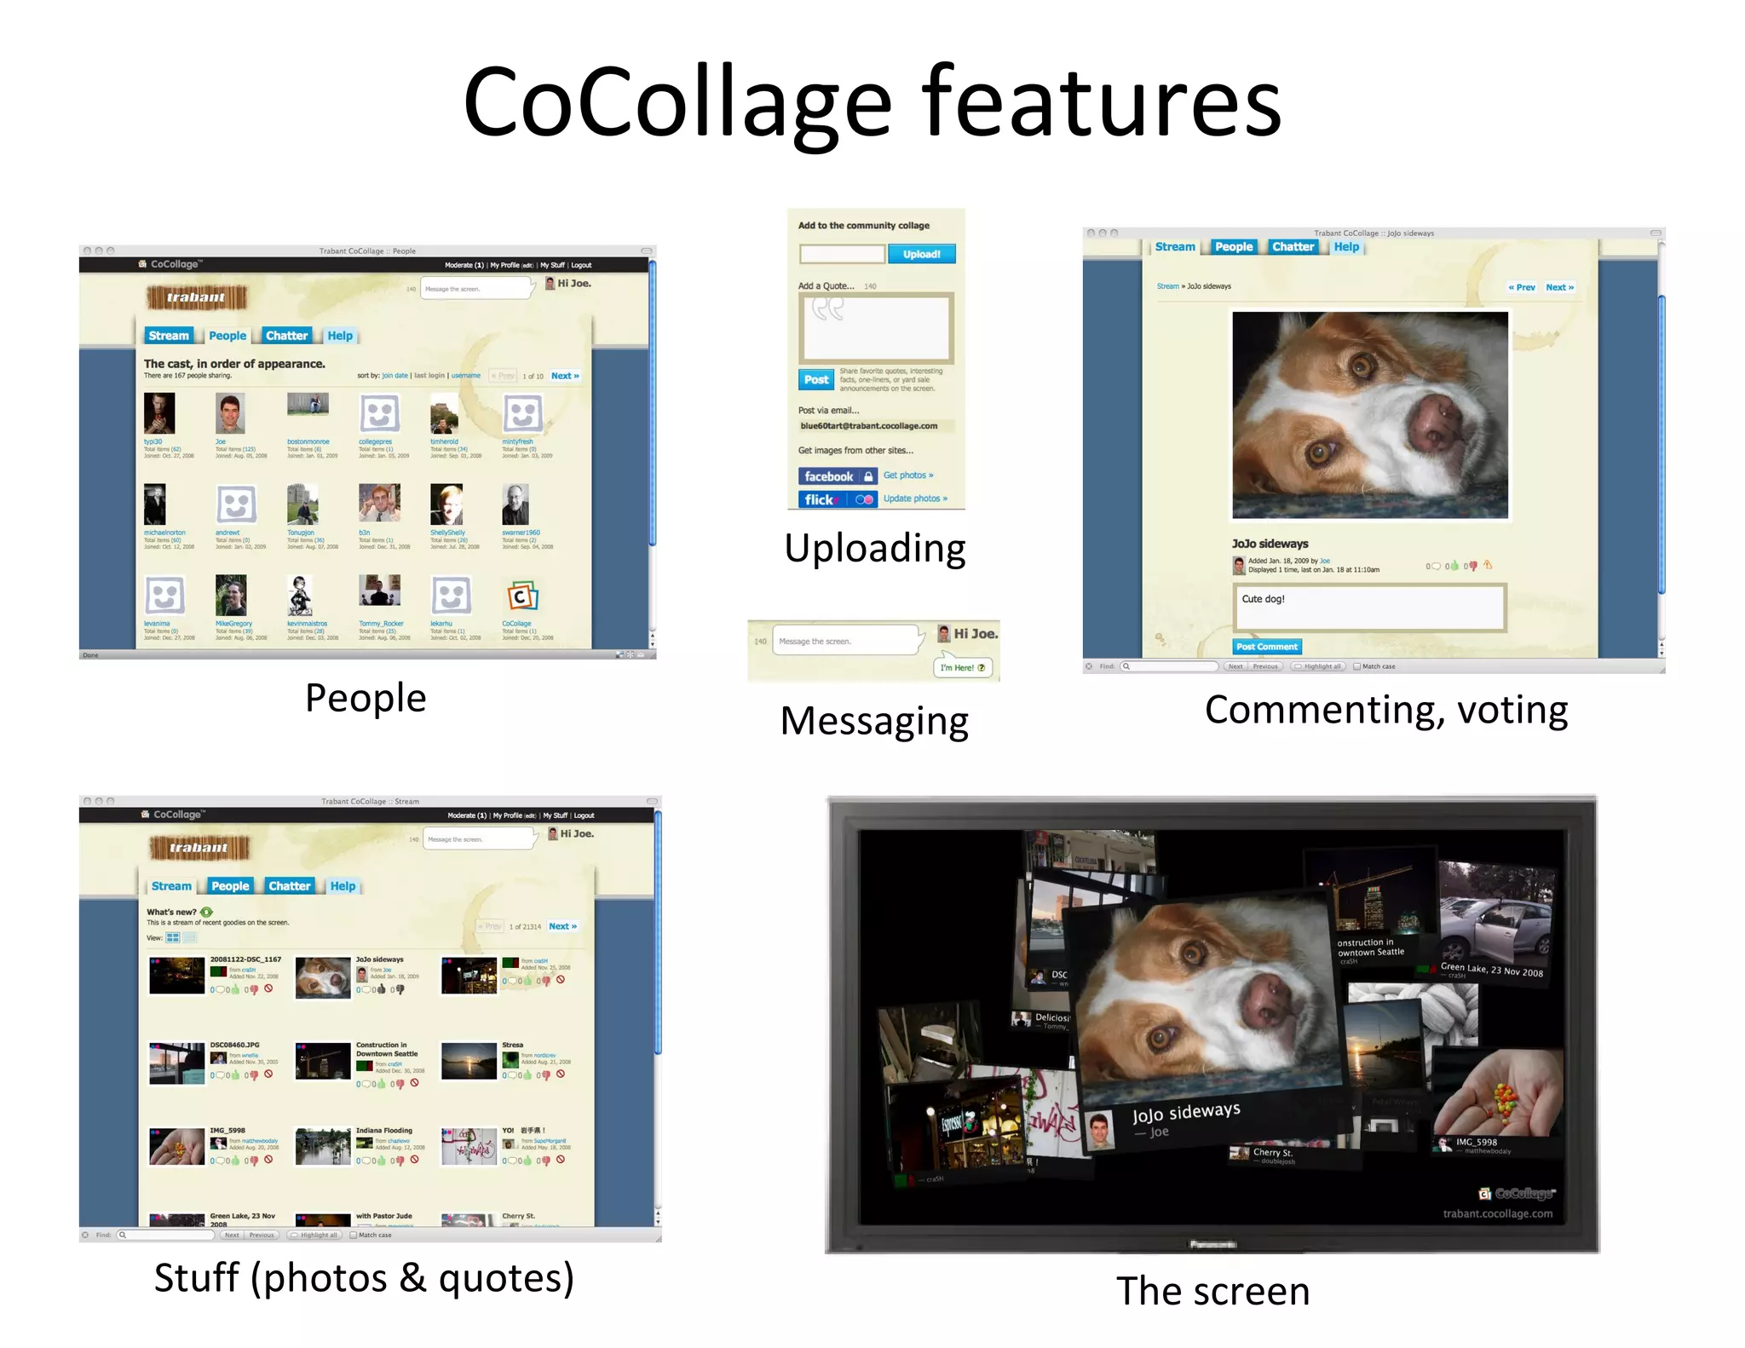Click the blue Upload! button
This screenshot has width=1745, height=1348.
(921, 254)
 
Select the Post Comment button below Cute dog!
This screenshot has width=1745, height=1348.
(1267, 647)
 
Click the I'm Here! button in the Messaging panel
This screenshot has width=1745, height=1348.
(962, 668)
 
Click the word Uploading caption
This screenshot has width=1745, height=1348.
(875, 548)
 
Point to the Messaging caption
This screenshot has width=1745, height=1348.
(874, 721)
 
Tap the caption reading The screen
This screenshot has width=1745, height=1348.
(1212, 1291)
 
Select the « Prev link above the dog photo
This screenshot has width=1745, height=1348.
(1521, 287)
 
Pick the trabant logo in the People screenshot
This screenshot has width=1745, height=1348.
(196, 297)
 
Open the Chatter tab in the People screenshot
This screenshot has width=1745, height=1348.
(286, 336)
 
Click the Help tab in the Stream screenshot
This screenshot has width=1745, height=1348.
(343, 886)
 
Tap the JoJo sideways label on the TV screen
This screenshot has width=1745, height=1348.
(1185, 1113)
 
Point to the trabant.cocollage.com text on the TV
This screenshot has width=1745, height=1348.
(1497, 1213)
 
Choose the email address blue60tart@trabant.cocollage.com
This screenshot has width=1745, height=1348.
(868, 426)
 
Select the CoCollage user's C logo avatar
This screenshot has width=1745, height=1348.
(521, 596)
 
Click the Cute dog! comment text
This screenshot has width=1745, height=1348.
(1263, 599)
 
